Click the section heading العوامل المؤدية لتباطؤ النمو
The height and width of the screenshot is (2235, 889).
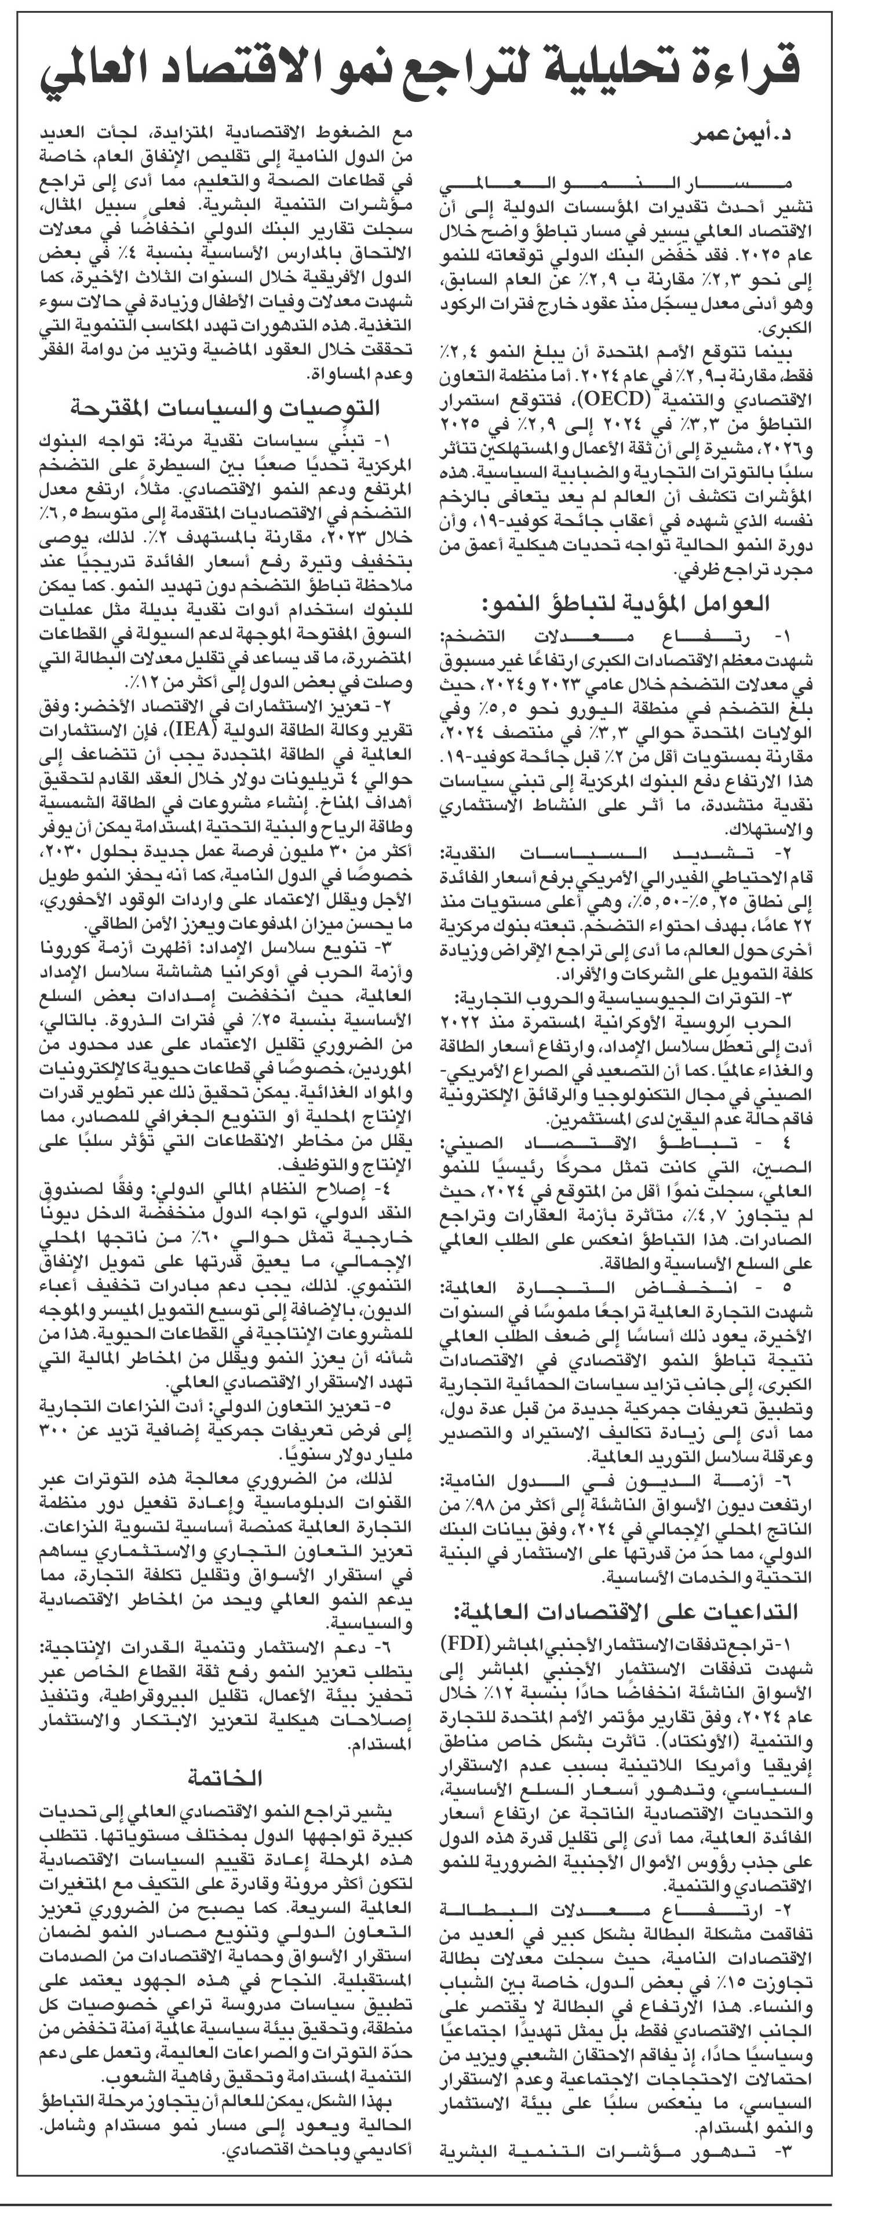click(625, 603)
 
